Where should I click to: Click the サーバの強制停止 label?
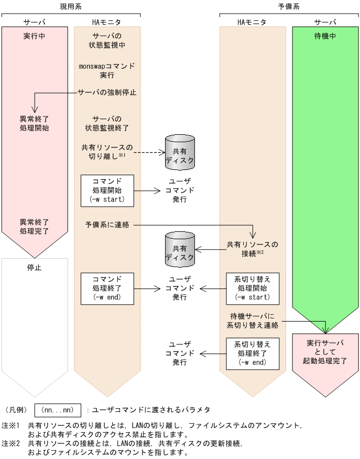pos(107,92)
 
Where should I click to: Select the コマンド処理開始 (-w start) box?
pos(107,189)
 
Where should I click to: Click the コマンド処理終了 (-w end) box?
pos(107,288)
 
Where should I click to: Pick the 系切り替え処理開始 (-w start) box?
pos(253,288)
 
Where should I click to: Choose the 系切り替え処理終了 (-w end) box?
pos(253,354)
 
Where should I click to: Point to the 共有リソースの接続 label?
pos(253,249)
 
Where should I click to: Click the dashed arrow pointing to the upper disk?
pos(147,153)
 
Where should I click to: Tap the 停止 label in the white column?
pos(35,267)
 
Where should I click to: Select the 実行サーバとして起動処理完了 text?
pos(325,352)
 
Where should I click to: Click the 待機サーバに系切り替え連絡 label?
pos(253,321)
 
